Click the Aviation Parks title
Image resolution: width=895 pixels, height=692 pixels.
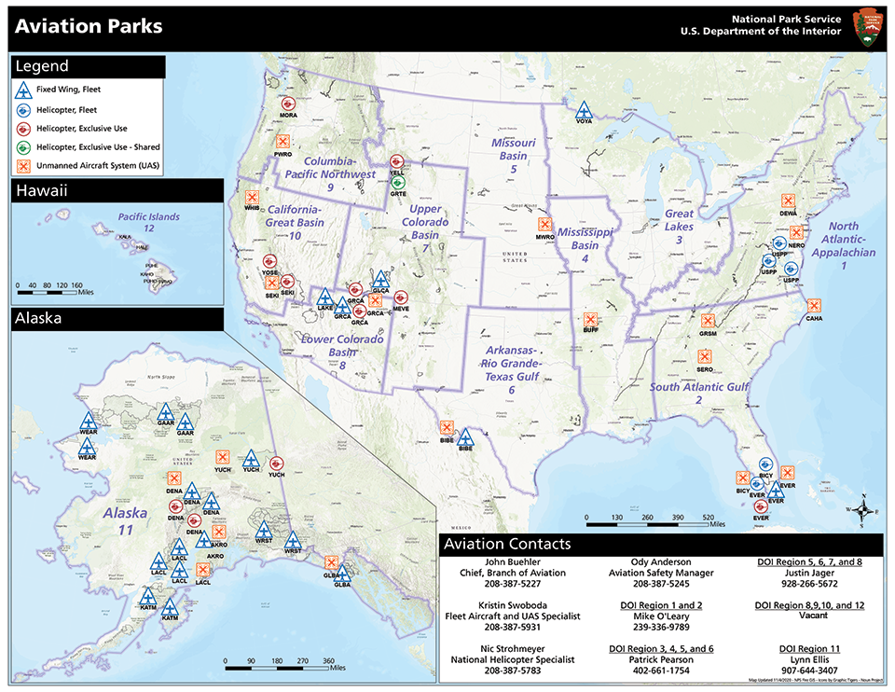[89, 26]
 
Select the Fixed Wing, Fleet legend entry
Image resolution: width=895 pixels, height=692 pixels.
[70, 90]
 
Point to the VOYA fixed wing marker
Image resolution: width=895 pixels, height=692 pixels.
[584, 109]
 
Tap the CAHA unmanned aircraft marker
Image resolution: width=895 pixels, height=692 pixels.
[814, 304]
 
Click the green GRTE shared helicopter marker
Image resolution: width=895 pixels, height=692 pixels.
[399, 181]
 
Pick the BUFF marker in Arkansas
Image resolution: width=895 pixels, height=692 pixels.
[589, 318]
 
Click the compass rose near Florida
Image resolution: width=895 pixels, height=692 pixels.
[863, 509]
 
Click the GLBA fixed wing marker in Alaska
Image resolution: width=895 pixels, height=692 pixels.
[343, 573]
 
